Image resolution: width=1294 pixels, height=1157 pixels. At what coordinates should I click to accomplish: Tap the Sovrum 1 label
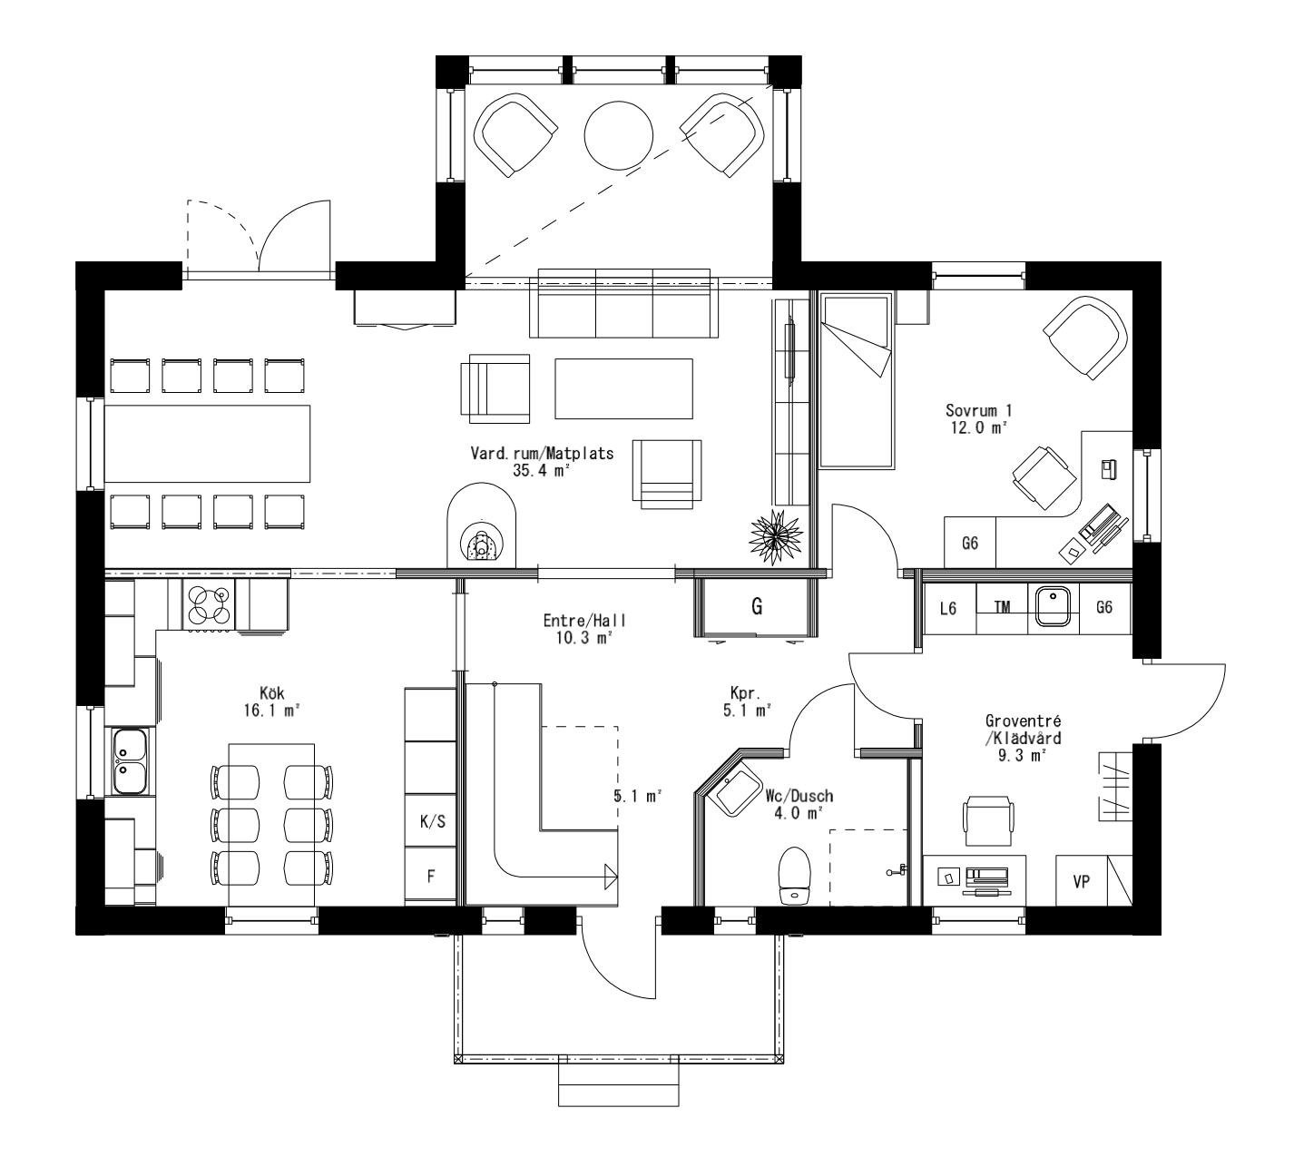coord(978,410)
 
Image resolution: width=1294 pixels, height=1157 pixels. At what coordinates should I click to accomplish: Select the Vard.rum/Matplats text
coord(542,453)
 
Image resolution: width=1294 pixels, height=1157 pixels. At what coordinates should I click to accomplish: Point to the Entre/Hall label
coord(584,621)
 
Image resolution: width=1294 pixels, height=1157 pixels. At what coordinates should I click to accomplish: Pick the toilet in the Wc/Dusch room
coord(794,876)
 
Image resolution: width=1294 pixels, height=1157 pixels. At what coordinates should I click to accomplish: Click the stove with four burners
coord(208,605)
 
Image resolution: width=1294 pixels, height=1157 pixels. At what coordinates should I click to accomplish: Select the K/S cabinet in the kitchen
coord(432,821)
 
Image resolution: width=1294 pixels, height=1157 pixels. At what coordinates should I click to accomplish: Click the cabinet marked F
coord(432,877)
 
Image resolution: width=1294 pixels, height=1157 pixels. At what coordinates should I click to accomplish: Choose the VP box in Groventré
coord(1081,880)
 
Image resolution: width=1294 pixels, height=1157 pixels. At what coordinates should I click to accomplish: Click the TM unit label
coord(1002,608)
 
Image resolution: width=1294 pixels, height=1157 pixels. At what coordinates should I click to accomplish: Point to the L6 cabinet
coord(948,608)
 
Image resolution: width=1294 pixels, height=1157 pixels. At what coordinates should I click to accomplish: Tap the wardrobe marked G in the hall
coord(756,607)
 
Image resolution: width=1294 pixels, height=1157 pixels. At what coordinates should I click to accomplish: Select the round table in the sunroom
coord(619,133)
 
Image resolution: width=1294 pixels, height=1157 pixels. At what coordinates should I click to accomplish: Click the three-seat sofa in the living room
coord(624,303)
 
